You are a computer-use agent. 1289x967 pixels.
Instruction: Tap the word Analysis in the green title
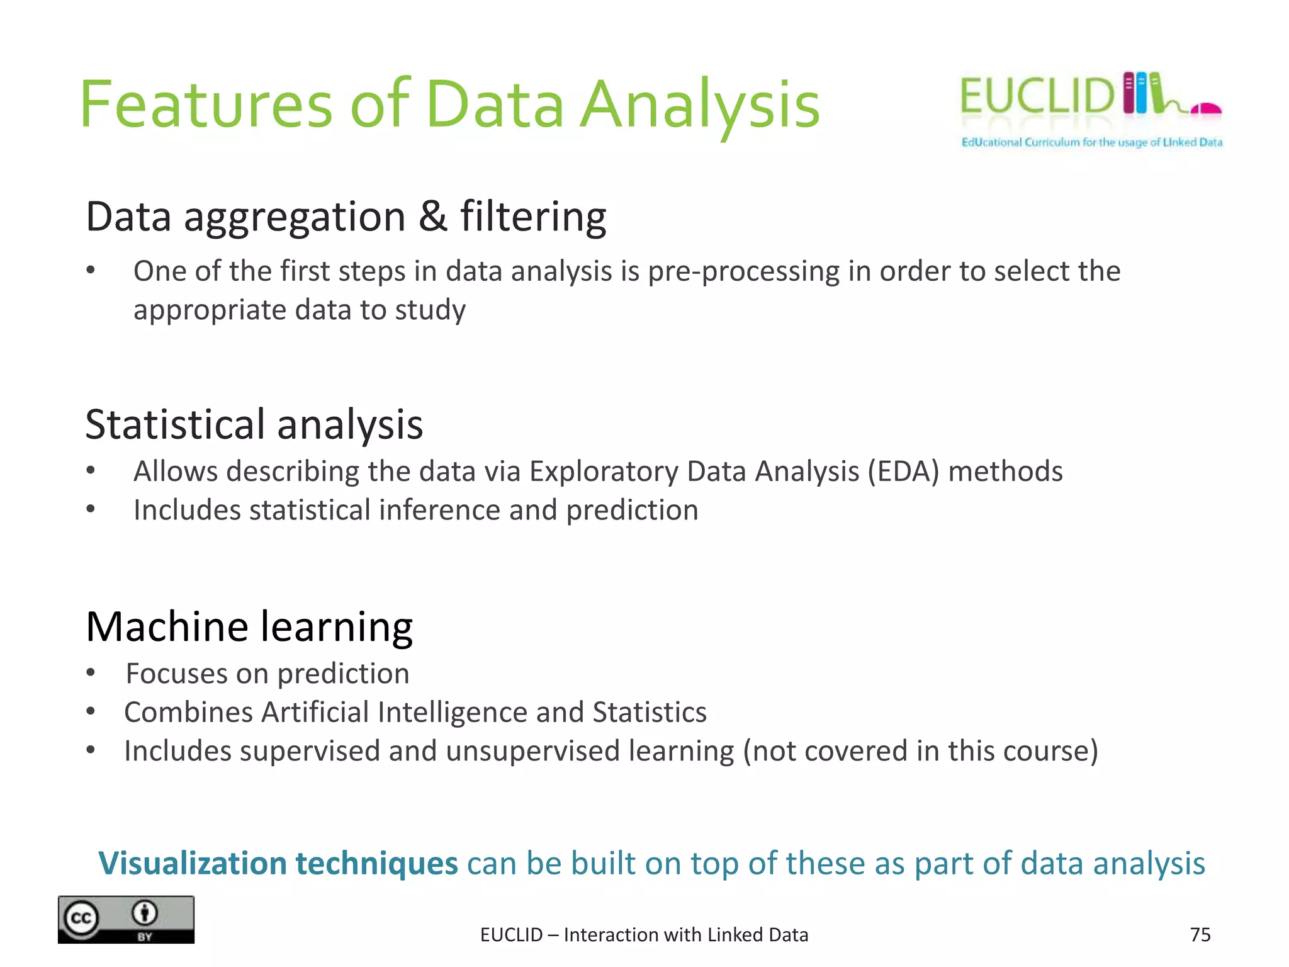699,106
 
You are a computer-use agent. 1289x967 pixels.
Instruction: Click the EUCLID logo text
1037,96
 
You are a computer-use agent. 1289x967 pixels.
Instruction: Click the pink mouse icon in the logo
1207,109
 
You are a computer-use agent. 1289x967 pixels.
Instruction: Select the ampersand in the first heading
432,216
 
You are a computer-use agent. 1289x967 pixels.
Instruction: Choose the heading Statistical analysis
254,424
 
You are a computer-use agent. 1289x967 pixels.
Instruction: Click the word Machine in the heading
167,627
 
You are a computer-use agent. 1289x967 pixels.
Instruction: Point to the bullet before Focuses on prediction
91,673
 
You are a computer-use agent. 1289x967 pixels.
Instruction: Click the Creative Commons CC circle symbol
81,918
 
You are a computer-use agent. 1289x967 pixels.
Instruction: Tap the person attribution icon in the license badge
145,912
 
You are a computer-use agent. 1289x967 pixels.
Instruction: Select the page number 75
1200,935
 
